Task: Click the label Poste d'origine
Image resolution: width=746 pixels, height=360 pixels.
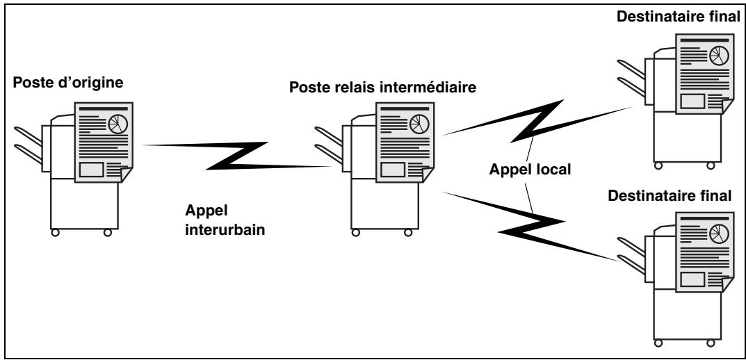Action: click(67, 83)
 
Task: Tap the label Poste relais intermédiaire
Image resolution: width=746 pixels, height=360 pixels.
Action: click(383, 88)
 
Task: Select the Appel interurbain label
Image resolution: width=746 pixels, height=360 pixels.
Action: click(225, 220)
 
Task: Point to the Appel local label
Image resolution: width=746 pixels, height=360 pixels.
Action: click(530, 170)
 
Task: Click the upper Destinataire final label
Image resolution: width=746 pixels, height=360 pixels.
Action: click(679, 17)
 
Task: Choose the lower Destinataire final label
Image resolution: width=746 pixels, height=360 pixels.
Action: click(670, 195)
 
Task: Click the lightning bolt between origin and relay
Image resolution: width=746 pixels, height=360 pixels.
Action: click(236, 156)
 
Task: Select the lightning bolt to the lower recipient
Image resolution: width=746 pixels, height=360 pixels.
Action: click(532, 227)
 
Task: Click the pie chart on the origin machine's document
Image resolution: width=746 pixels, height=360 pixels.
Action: click(117, 124)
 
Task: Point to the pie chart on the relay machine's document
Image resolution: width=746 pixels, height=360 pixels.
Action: click(419, 124)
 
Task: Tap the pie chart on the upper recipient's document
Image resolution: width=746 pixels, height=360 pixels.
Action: click(719, 56)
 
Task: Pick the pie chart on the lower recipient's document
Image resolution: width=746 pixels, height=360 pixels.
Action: click(719, 234)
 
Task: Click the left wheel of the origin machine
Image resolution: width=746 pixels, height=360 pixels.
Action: click(55, 233)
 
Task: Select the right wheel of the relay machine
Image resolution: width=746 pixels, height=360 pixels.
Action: click(408, 233)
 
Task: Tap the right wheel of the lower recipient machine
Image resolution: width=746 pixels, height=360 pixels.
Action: click(711, 343)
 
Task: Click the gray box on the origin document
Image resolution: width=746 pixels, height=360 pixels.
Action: click(91, 170)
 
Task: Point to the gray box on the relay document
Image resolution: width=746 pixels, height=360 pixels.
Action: click(393, 170)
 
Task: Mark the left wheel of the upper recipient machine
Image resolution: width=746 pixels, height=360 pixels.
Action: click(658, 165)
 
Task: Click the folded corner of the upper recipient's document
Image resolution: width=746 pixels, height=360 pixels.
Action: click(727, 106)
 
